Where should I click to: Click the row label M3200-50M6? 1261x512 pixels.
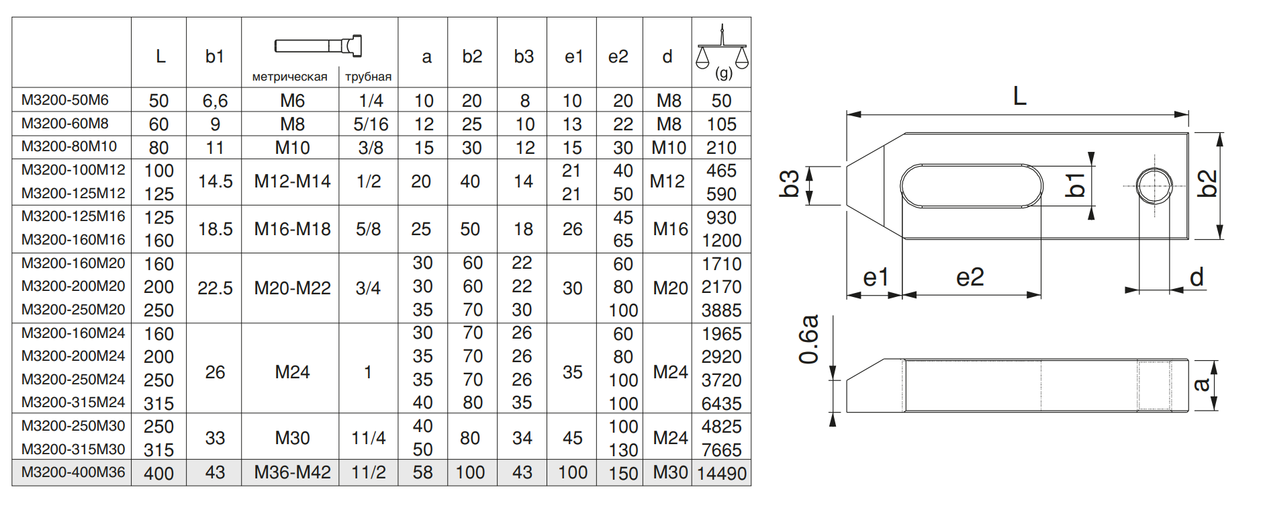click(x=65, y=100)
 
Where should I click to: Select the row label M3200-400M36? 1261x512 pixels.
click(x=73, y=472)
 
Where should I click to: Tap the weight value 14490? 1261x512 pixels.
click(x=721, y=473)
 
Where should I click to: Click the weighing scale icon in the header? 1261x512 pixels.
click(x=722, y=49)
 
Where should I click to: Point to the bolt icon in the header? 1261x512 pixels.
click(x=319, y=46)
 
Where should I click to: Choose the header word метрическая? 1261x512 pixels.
click(x=289, y=77)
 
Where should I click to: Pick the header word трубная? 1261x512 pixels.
click(x=368, y=77)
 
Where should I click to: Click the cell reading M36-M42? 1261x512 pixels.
click(x=292, y=472)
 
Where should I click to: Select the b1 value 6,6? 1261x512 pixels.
click(x=215, y=101)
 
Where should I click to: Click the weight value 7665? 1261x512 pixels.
click(x=721, y=450)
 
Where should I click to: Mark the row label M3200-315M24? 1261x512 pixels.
click(x=73, y=402)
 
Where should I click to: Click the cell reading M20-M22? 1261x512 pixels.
click(x=292, y=288)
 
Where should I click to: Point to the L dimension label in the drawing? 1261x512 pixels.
click(x=1019, y=96)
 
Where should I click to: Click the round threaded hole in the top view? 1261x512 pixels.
click(x=1154, y=185)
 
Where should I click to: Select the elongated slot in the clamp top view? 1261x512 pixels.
click(x=971, y=185)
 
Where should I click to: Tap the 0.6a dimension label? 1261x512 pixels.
click(x=809, y=339)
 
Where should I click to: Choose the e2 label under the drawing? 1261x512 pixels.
click(x=970, y=277)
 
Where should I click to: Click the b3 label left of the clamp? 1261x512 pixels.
click(x=789, y=184)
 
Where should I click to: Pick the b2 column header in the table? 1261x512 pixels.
click(x=472, y=56)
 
